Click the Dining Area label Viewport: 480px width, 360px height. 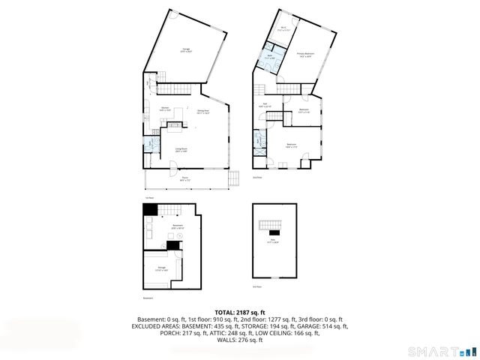click(202, 112)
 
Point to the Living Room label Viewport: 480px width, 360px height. click(181, 150)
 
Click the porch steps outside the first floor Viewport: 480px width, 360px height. click(233, 178)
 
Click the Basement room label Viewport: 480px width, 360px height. click(178, 227)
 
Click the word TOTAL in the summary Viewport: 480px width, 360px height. click(223, 311)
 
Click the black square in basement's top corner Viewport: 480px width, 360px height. click(148, 209)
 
